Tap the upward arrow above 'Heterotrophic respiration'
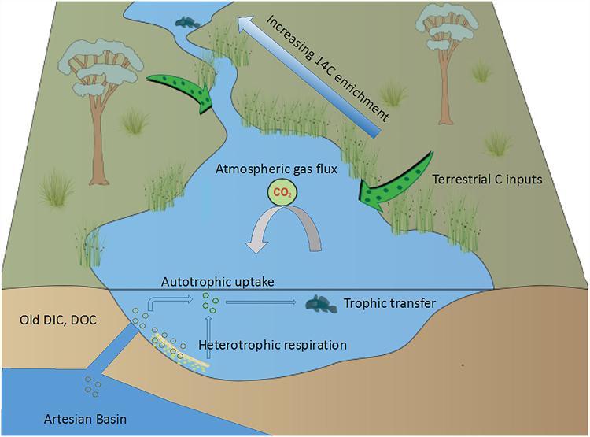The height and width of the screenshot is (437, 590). click(x=207, y=325)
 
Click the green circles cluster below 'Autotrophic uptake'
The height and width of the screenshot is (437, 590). click(x=208, y=301)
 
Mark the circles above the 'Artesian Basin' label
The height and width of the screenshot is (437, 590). click(x=94, y=387)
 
